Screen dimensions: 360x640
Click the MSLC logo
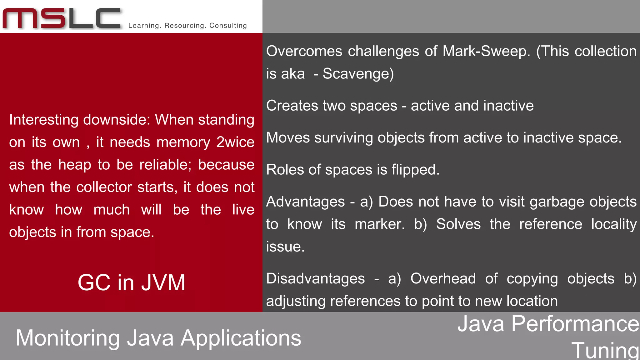62,19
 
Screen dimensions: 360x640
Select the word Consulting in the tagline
228,26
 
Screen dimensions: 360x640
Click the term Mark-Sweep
486,51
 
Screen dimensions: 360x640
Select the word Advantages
305,202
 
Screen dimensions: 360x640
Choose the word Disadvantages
315,279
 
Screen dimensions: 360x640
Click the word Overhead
443,279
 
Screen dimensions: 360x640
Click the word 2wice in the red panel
235,142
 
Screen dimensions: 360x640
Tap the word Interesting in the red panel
43,120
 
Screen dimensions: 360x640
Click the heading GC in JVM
132,282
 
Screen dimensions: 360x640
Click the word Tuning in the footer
605,351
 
